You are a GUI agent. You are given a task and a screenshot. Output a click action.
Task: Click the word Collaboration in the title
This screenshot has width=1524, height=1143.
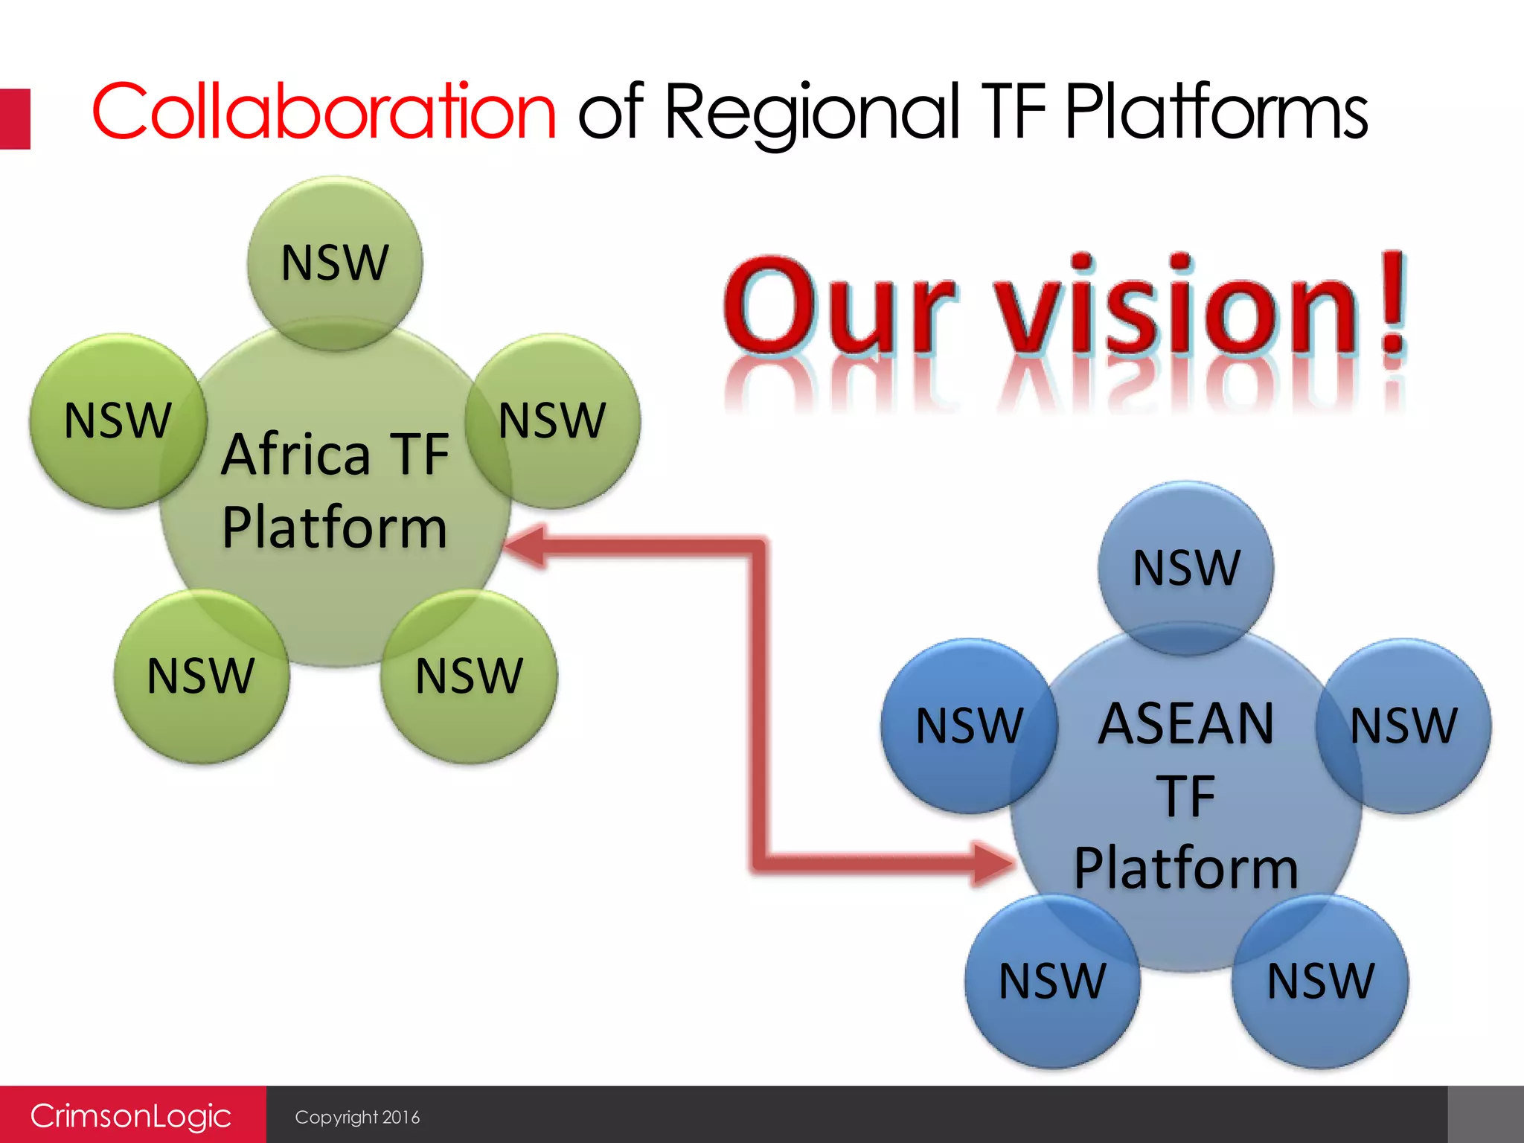tap(324, 112)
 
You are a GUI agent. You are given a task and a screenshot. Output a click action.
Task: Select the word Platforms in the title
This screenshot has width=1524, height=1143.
tap(1216, 112)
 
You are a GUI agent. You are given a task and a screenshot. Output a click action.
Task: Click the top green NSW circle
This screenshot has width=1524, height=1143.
tap(335, 263)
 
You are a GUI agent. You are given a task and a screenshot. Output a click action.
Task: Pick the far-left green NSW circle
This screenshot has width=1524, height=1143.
tap(117, 421)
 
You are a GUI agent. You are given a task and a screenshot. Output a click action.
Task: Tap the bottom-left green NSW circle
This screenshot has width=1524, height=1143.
tap(201, 676)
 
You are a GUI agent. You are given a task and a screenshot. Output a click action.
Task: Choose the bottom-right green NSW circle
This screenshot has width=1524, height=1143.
tap(469, 676)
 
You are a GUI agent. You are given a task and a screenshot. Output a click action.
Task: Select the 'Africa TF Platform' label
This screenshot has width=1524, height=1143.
tap(335, 491)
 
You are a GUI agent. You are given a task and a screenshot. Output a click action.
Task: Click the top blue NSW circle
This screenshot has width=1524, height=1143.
tap(1186, 568)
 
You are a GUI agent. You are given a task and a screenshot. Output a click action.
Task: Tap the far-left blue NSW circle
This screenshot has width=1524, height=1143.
tap(969, 726)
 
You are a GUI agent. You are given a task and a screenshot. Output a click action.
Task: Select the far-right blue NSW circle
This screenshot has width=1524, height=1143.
tap(1403, 726)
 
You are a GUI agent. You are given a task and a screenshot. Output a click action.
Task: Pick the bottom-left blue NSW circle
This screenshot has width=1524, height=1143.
tap(1052, 981)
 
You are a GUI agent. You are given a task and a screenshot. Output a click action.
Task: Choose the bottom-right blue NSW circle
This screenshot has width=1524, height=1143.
tap(1320, 981)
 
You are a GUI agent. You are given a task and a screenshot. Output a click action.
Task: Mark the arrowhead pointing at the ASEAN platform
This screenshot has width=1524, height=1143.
tap(993, 863)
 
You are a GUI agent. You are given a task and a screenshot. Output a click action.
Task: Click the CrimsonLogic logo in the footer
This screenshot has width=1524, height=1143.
tap(131, 1115)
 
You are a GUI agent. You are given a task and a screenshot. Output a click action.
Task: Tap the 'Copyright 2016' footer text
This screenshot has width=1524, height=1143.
tap(357, 1117)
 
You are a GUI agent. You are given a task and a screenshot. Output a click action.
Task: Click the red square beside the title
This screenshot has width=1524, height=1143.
tap(15, 119)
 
